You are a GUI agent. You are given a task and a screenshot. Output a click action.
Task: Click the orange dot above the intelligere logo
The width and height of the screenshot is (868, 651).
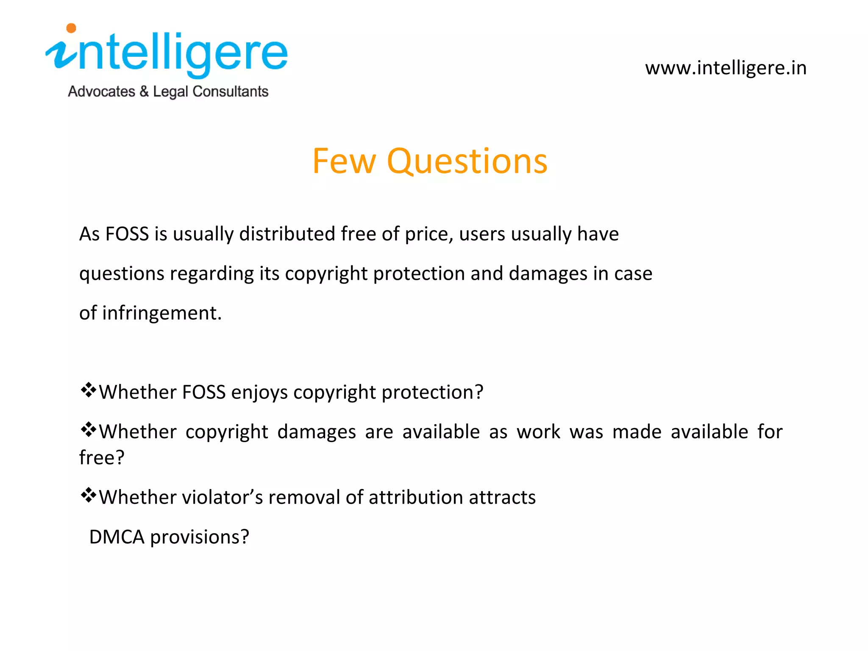tap(71, 28)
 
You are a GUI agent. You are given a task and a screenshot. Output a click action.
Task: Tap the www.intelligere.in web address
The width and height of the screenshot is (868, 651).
tap(726, 68)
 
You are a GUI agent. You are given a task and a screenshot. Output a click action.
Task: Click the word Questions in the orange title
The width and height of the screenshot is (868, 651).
tap(467, 161)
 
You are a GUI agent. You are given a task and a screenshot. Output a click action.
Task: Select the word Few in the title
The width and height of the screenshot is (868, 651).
tap(344, 161)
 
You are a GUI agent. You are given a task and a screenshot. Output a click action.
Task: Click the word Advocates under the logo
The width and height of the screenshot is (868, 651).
tap(102, 92)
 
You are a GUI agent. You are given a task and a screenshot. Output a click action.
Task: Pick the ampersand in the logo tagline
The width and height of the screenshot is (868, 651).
tap(144, 92)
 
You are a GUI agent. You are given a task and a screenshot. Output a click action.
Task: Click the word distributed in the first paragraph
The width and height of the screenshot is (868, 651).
tap(287, 234)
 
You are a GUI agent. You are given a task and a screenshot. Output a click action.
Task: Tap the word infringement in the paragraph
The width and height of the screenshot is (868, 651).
tap(161, 313)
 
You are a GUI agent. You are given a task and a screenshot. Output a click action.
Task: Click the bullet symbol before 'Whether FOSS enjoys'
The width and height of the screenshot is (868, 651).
tap(88, 390)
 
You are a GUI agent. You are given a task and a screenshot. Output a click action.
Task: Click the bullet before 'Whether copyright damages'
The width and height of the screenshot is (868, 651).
tap(88, 430)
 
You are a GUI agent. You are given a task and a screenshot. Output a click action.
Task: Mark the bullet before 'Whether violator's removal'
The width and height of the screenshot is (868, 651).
tap(88, 495)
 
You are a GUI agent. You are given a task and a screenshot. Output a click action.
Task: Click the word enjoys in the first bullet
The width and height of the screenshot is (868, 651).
tap(259, 392)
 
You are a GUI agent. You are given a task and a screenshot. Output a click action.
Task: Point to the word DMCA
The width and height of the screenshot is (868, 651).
tap(117, 537)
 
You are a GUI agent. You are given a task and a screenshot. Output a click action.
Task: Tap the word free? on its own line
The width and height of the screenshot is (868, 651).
tap(102, 458)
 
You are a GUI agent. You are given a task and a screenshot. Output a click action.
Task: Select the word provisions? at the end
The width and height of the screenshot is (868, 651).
tap(200, 537)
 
